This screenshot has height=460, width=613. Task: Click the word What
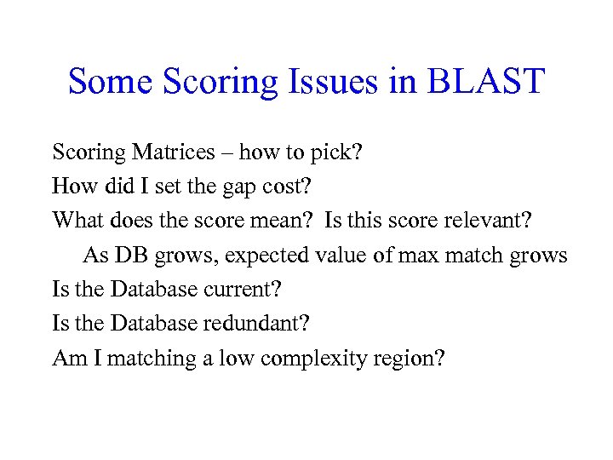[x=76, y=221]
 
